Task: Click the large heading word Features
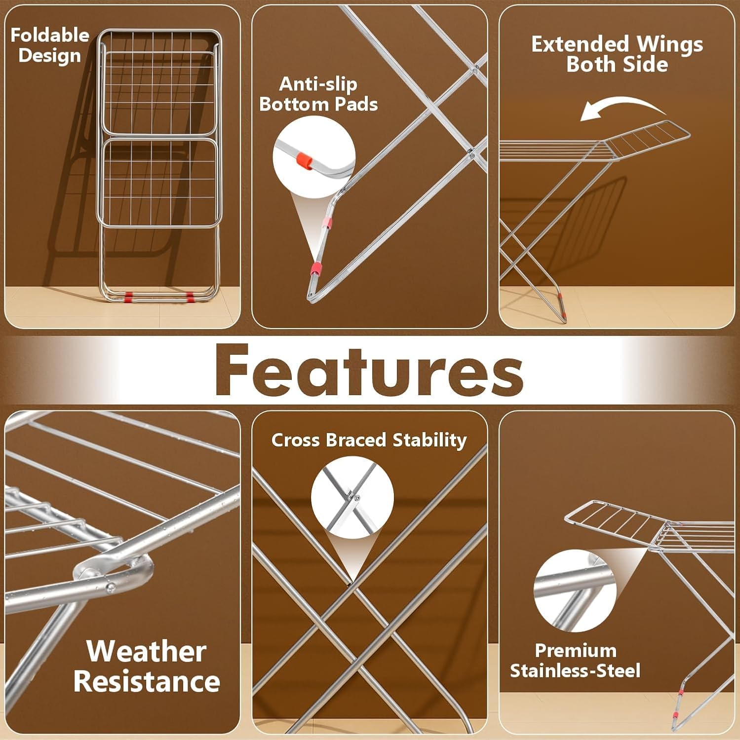coord(369,370)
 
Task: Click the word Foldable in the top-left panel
coord(50,36)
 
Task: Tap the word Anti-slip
coord(318,84)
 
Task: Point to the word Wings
coord(669,45)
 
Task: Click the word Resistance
coord(147,682)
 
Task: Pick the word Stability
coord(429,440)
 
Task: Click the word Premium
coord(576,651)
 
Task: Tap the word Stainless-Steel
coord(575,671)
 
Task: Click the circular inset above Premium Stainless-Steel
coord(575,591)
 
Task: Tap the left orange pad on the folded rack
coord(128,296)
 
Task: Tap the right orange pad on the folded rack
coord(190,296)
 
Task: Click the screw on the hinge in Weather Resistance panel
coord(112,587)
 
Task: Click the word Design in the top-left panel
coord(49,56)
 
